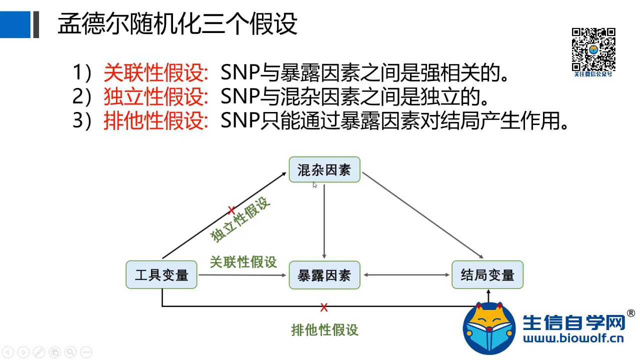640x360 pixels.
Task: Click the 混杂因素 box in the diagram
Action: point(324,170)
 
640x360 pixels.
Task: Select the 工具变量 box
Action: point(161,274)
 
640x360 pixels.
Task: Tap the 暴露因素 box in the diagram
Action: point(324,274)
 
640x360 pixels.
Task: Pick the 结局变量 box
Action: point(487,274)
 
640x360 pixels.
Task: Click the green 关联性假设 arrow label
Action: point(243,261)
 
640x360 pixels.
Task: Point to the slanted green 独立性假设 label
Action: point(240,219)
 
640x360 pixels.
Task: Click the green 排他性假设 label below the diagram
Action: point(324,329)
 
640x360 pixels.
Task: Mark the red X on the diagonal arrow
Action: point(231,210)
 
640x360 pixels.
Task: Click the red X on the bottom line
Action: point(324,307)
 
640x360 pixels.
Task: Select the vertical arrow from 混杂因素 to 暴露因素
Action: point(324,220)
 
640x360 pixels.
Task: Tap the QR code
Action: point(593,49)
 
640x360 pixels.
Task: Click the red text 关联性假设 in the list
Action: point(155,73)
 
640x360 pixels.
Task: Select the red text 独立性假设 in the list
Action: point(155,97)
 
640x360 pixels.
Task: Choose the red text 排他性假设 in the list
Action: point(155,121)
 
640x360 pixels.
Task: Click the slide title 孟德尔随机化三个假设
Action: point(177,23)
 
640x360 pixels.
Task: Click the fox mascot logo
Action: point(488,327)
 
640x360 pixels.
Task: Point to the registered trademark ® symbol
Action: point(630,313)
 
